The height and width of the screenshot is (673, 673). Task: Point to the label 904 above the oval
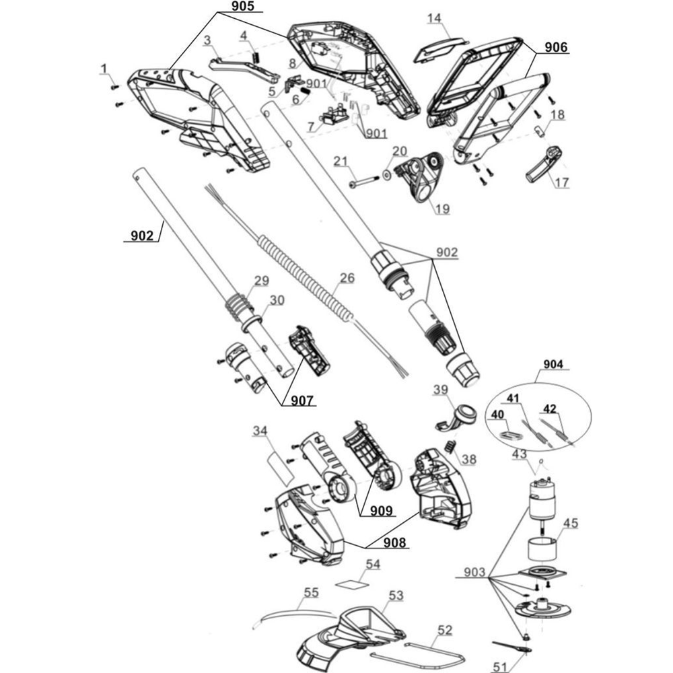click(555, 365)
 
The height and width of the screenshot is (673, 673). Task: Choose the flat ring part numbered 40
click(509, 434)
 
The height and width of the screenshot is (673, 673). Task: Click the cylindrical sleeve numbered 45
click(542, 548)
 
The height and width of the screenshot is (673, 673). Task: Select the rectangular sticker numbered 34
click(278, 468)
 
